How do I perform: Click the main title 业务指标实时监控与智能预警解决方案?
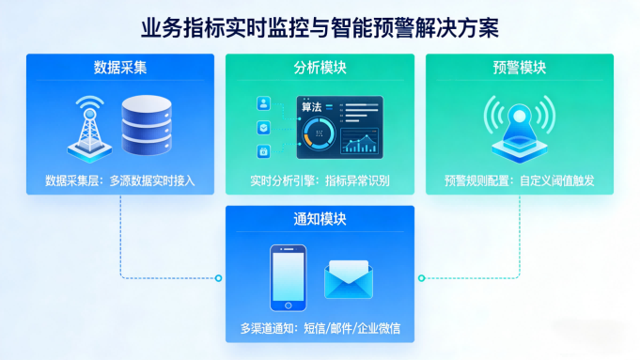click(x=320, y=24)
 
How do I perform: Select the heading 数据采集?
click(x=119, y=68)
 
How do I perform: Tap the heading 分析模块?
click(x=320, y=68)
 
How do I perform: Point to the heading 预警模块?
click(x=519, y=68)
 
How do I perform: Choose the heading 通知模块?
click(x=320, y=219)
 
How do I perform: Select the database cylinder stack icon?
click(x=148, y=126)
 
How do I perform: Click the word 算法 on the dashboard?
click(x=312, y=107)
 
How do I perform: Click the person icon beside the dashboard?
click(x=264, y=103)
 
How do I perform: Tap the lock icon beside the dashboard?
click(x=264, y=151)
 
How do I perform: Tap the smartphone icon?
click(x=288, y=278)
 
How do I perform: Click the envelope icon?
click(x=349, y=279)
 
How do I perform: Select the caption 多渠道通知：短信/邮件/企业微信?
click(x=320, y=329)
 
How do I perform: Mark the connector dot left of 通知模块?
click(x=219, y=277)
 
